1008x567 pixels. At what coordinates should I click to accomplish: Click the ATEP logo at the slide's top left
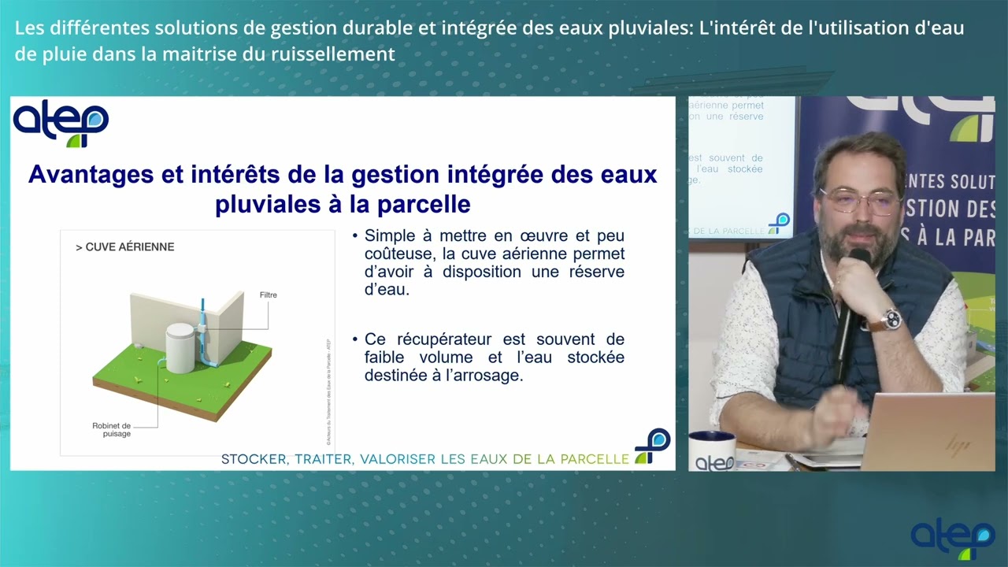coord(61,124)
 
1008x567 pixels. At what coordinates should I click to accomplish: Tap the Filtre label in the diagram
coord(268,295)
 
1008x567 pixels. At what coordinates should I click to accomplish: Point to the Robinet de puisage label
coord(111,429)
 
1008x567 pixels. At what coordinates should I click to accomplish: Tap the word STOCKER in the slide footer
coord(254,459)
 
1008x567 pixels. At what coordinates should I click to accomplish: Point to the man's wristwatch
coord(891,319)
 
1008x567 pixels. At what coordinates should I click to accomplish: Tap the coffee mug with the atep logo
coord(713,451)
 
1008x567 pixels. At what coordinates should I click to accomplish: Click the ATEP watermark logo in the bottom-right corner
coord(953,539)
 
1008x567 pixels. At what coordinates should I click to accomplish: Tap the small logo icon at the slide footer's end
coord(653,445)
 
